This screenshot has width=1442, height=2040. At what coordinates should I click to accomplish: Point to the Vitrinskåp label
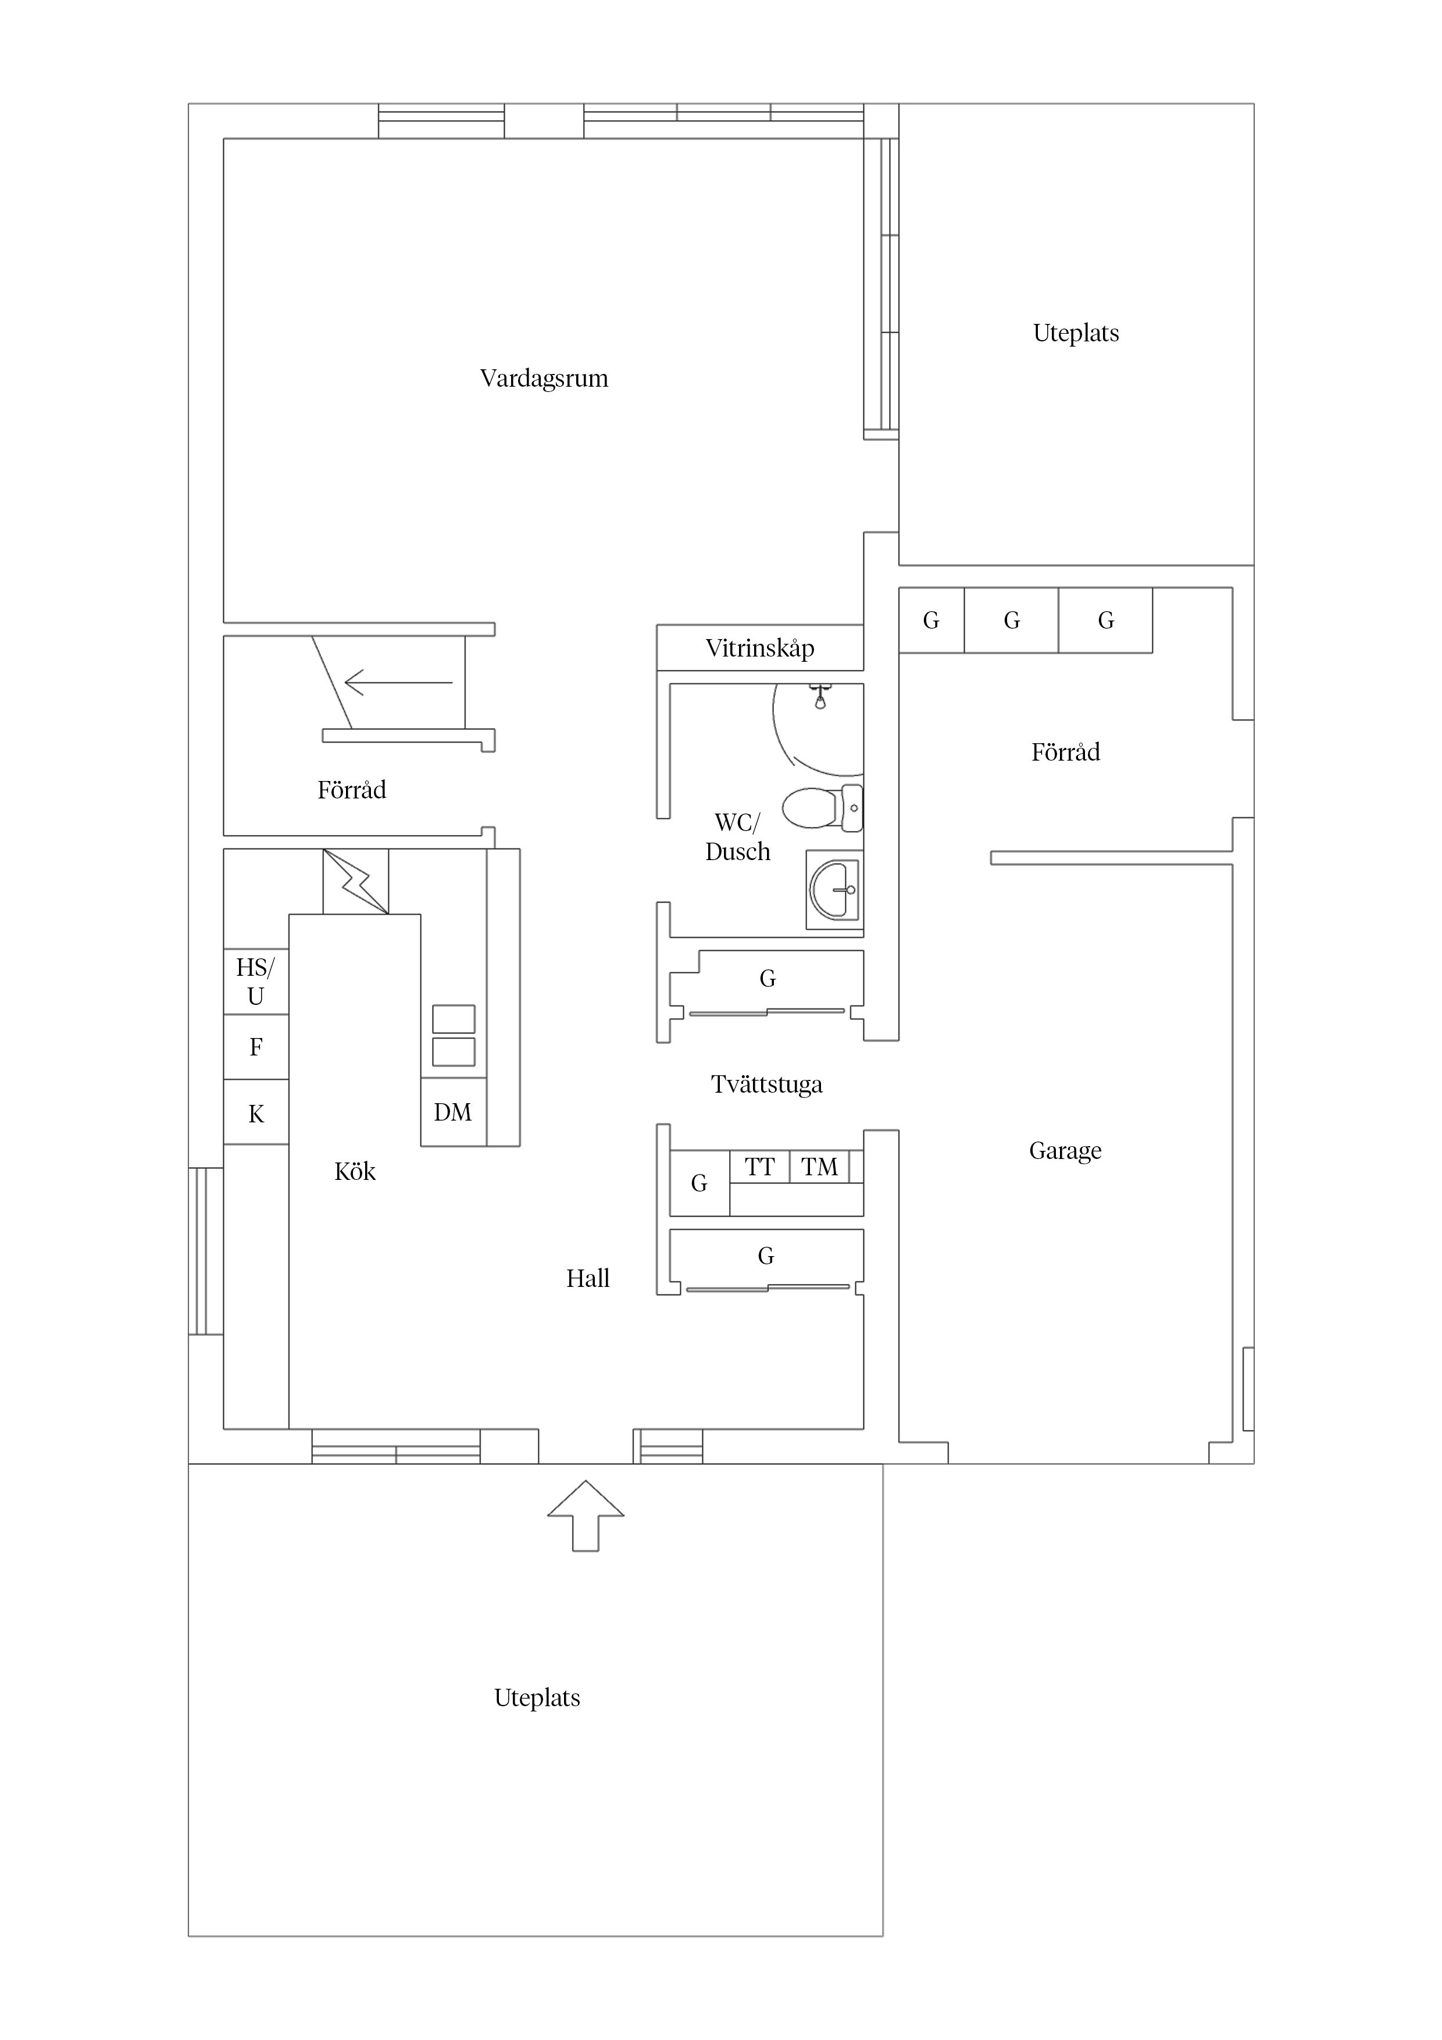(759, 648)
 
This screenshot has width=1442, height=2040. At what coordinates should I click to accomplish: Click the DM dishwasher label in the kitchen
(452, 1112)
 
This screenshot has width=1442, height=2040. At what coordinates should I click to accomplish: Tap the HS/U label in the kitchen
(256, 981)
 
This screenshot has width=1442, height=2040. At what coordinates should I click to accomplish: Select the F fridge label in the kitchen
(256, 1047)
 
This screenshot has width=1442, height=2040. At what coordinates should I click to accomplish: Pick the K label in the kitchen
(256, 1114)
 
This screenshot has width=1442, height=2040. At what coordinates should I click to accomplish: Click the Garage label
(1065, 1151)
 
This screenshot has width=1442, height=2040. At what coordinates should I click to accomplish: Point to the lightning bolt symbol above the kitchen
(355, 882)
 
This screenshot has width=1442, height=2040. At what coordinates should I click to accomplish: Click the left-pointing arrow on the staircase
(398, 682)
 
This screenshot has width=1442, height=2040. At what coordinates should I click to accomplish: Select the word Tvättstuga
(767, 1085)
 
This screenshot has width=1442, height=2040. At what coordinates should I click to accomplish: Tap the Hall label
(588, 1279)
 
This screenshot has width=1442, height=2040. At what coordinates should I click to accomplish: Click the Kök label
(355, 1171)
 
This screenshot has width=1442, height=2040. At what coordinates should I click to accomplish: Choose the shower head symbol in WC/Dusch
(820, 696)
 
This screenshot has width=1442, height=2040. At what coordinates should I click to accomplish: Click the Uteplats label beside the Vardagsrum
(1076, 334)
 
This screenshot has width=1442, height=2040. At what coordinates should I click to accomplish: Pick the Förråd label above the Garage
(1065, 752)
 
